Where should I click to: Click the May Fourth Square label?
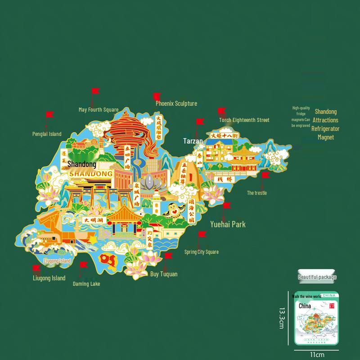pyautogui.click(x=99, y=109)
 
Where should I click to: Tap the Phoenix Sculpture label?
pyautogui.click(x=176, y=103)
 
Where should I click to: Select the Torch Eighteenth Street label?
pyautogui.click(x=244, y=120)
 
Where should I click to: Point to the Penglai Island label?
pyautogui.click(x=47, y=134)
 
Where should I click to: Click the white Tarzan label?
pyautogui.click(x=193, y=141)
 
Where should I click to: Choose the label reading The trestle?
pyautogui.click(x=257, y=193)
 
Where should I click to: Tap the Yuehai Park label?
pyautogui.click(x=228, y=224)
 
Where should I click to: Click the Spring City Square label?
pyautogui.click(x=202, y=252)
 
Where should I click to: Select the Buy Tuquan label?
pyautogui.click(x=164, y=274)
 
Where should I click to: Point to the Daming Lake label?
pyautogui.click(x=86, y=284)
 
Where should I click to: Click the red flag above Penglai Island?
pyautogui.click(x=49, y=115)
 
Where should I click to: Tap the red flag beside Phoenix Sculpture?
pyautogui.click(x=157, y=96)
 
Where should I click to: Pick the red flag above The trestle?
pyautogui.click(x=265, y=175)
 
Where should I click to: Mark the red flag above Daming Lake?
pyautogui.click(x=83, y=265)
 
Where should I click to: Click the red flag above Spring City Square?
pyautogui.click(x=202, y=234)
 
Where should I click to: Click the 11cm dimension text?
pyautogui.click(x=317, y=355)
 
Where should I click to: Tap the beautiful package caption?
pyautogui.click(x=317, y=277)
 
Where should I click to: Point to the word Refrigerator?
pyautogui.click(x=325, y=129)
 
